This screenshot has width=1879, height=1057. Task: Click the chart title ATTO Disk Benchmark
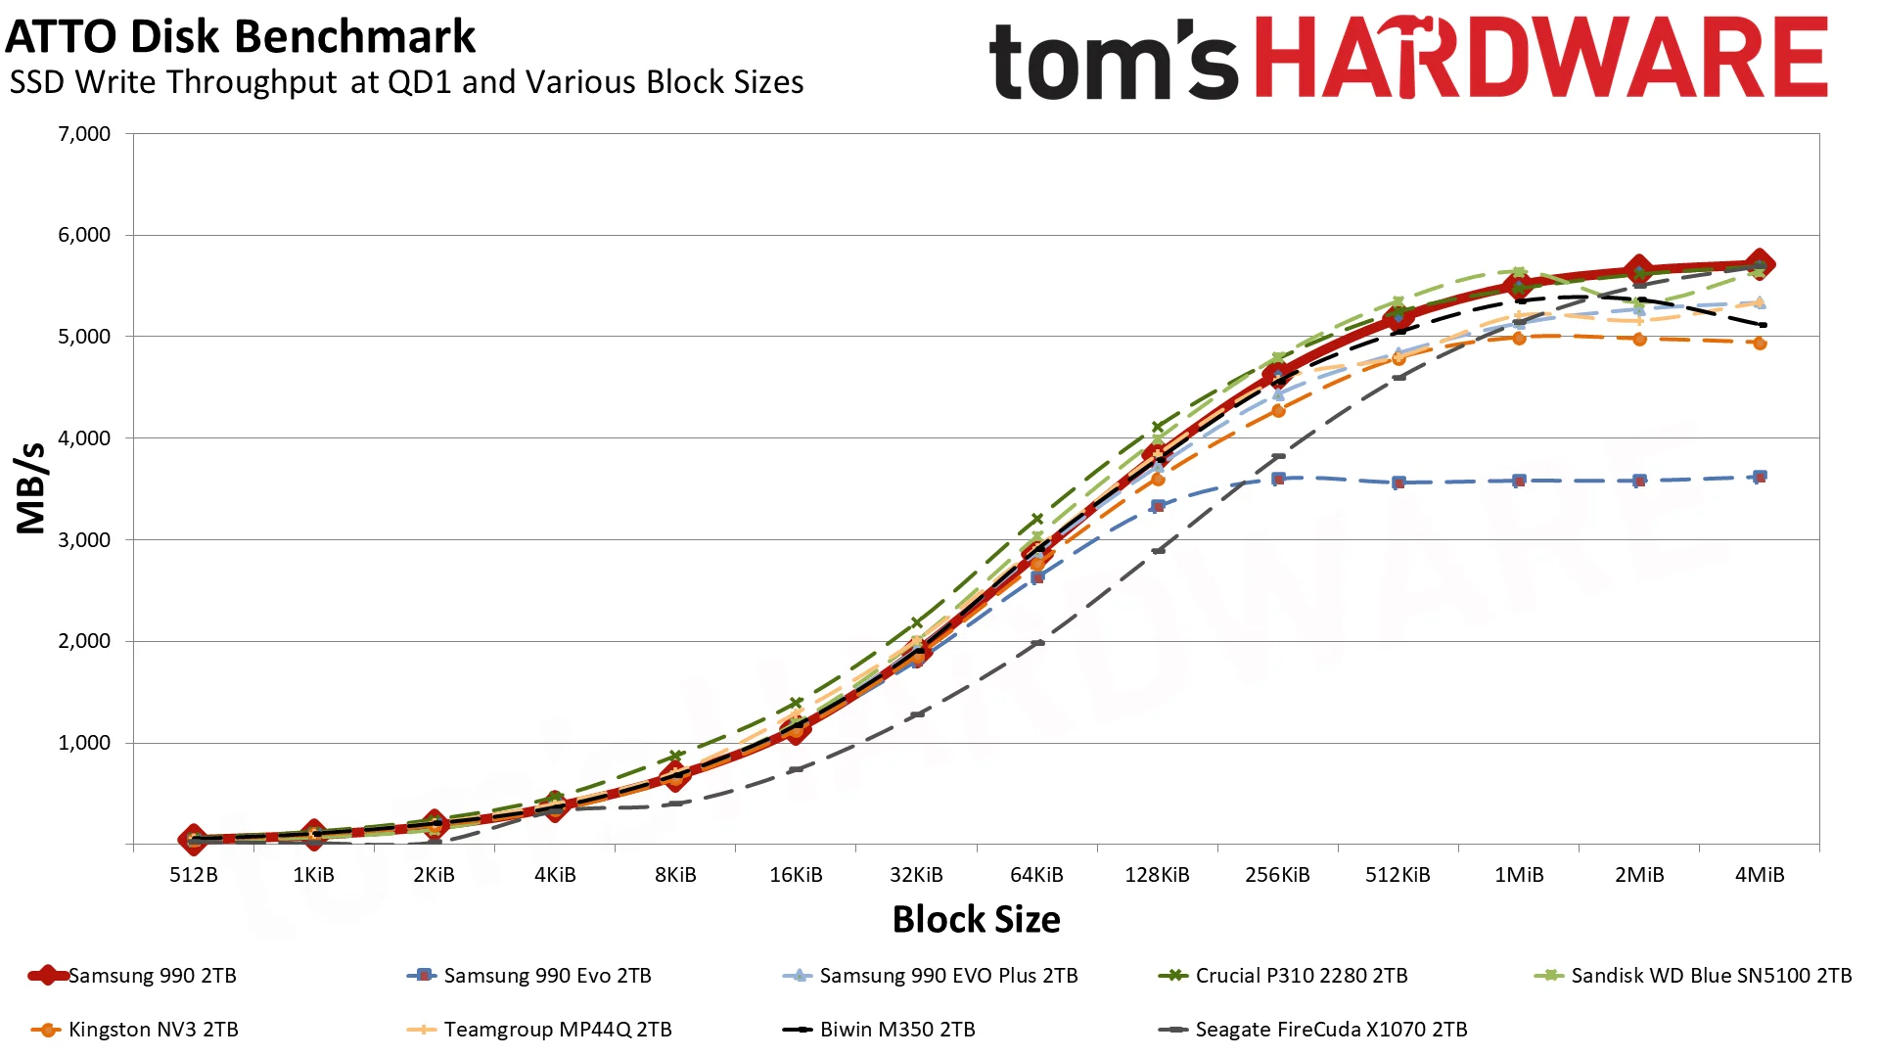(x=240, y=37)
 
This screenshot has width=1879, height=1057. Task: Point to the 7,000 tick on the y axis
(x=84, y=134)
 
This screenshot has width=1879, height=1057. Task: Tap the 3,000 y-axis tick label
(x=84, y=540)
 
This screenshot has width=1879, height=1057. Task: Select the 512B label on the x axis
(x=194, y=875)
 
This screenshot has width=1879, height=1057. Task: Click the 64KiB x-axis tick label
(x=1036, y=875)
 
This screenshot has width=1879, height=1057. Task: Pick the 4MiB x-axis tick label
(x=1760, y=875)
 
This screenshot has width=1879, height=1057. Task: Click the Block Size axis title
(x=977, y=920)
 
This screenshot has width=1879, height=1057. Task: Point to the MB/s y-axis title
(x=31, y=488)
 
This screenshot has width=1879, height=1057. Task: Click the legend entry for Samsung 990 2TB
(x=133, y=976)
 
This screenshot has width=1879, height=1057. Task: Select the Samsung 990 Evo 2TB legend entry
(x=528, y=976)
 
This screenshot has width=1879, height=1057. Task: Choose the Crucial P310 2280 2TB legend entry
(x=1283, y=976)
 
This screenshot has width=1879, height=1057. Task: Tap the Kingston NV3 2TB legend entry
(x=135, y=1030)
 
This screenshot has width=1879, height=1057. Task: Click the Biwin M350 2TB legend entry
(x=879, y=1030)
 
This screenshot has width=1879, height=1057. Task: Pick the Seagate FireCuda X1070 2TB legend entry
(x=1312, y=1030)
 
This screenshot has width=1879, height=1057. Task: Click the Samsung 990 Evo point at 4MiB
(x=1760, y=477)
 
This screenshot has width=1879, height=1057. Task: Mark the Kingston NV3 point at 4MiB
(x=1760, y=344)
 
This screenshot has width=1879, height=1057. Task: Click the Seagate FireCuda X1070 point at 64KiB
(x=1037, y=643)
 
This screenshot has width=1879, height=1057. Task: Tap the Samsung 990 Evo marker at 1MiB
(x=1519, y=481)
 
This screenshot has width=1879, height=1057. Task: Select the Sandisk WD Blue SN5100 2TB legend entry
(x=1693, y=976)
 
